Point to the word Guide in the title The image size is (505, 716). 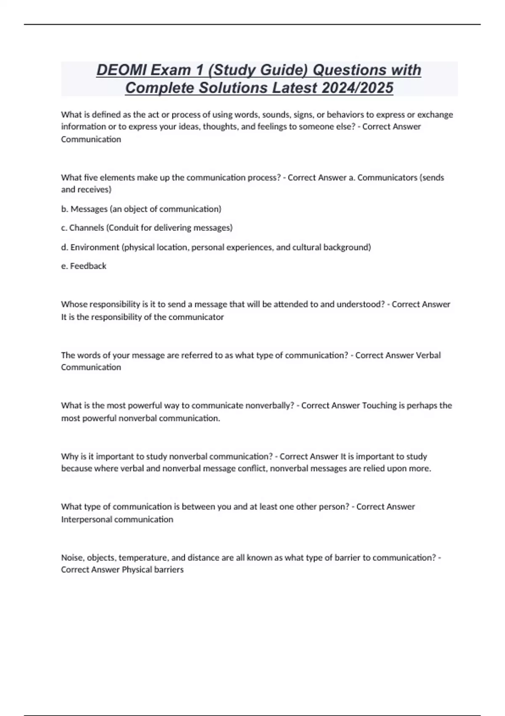279,70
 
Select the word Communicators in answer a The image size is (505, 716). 387,178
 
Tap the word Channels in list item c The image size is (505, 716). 86,228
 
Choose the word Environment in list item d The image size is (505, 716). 95,247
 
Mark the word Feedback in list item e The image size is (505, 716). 88,266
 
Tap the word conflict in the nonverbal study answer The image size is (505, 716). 253,469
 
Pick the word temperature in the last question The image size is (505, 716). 144,558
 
